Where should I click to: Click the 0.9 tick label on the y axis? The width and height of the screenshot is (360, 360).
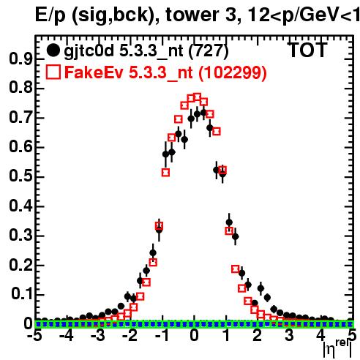tap(20, 59)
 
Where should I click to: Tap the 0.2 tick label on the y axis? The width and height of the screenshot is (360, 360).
tap(20, 265)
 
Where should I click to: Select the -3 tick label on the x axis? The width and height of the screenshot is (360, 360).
tap(98, 336)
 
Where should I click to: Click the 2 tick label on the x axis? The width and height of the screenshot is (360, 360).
tap(258, 336)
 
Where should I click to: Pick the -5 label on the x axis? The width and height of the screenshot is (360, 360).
tap(35, 336)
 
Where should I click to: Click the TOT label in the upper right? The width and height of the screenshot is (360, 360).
tap(308, 50)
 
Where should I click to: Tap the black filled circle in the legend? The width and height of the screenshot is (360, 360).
tap(53, 50)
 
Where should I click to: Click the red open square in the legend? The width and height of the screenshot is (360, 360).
tap(53, 72)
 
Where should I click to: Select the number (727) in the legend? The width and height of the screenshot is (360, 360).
tap(209, 50)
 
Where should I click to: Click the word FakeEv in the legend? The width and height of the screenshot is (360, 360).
tap(94, 72)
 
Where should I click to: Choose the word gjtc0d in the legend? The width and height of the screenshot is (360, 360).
tap(89, 51)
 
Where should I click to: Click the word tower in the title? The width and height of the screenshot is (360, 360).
tap(192, 15)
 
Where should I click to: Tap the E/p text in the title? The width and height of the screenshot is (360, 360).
tap(50, 15)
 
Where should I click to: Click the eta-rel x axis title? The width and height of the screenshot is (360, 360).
tap(337, 348)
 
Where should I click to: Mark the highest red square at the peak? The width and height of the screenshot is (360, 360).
tap(197, 97)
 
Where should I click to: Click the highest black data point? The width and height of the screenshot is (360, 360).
tap(203, 113)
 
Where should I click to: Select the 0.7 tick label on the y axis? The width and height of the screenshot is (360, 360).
tap(20, 117)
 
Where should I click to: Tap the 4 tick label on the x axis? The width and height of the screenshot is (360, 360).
tap(321, 336)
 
